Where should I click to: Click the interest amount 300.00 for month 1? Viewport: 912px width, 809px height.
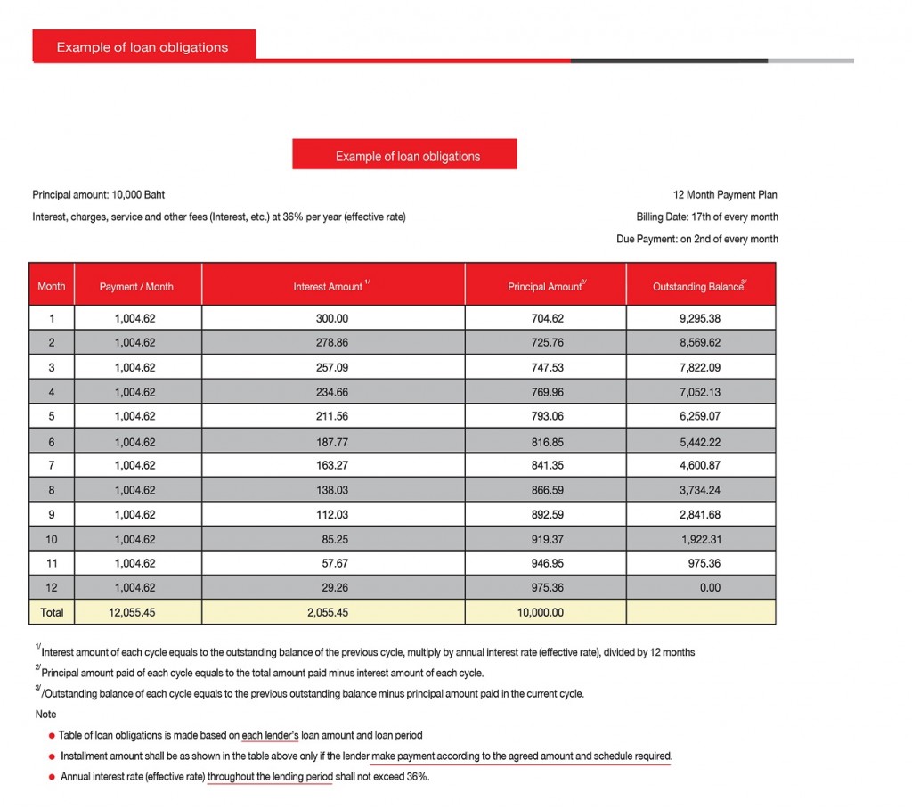coord(333,318)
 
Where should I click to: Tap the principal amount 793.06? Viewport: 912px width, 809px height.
coord(545,416)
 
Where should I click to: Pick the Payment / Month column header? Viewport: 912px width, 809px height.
coord(136,287)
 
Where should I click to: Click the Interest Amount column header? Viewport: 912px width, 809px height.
coord(331,287)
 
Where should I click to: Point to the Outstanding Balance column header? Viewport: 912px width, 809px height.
coord(699,287)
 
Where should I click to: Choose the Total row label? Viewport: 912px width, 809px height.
coord(52,613)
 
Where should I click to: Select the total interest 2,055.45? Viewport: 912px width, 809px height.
coord(333,613)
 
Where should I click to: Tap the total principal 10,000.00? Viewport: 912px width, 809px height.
coord(545,613)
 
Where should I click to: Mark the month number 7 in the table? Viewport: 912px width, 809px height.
coord(52,465)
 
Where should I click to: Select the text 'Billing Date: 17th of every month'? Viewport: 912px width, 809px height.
coord(707,217)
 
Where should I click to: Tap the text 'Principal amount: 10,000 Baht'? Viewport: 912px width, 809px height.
coord(98,194)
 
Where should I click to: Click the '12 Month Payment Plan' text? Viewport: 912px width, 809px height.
coord(726,194)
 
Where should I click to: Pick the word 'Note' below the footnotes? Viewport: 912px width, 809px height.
coord(45,715)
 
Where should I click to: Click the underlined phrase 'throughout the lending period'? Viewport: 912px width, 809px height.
coord(270,777)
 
